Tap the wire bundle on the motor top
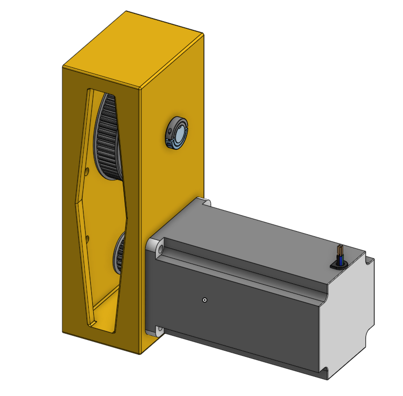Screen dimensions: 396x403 click(341, 253)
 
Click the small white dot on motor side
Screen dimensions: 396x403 click(205, 299)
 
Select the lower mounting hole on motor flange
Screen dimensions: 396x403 click(158, 329)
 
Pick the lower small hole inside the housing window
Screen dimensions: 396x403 click(88, 237)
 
